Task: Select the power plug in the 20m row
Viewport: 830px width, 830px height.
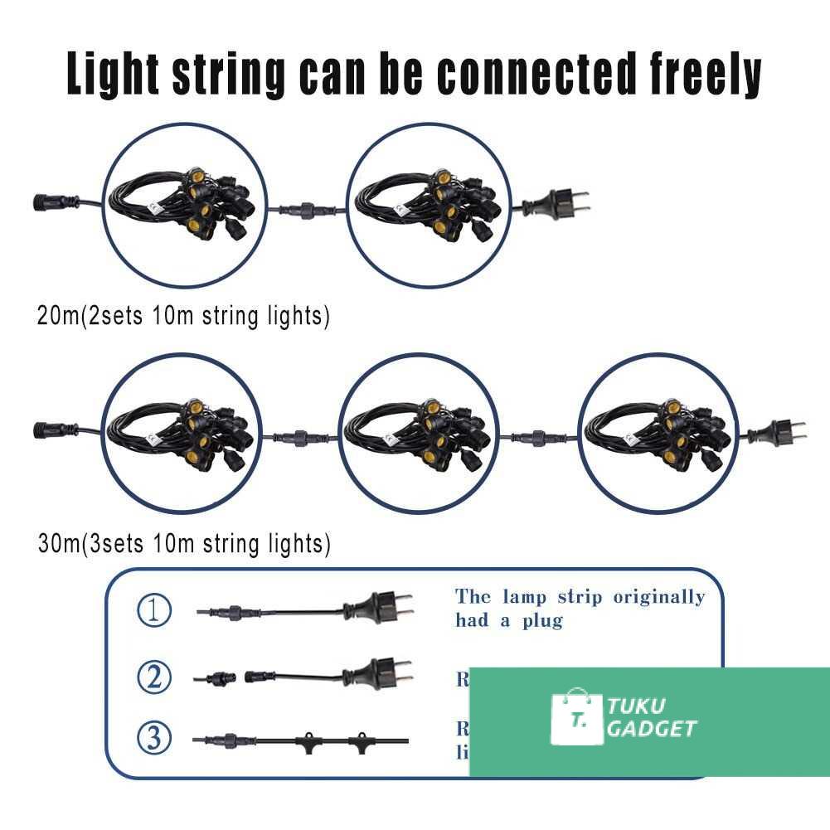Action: [x=563, y=201]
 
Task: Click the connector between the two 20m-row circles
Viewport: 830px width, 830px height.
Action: [x=306, y=209]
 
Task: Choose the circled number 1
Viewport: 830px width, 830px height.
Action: [x=154, y=611]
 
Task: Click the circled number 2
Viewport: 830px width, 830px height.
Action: [x=154, y=678]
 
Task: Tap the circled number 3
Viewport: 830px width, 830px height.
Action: [x=154, y=737]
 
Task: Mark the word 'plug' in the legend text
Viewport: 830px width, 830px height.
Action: [x=543, y=620]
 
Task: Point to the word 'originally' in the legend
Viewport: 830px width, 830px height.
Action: [x=659, y=597]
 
